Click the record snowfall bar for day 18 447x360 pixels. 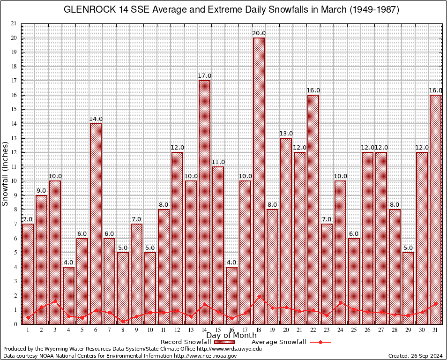point(259,180)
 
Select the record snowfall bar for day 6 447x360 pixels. point(96,224)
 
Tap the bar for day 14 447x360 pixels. point(204,202)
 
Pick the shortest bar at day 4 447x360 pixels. point(68,295)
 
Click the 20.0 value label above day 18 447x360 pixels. point(259,33)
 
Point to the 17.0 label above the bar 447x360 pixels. point(204,76)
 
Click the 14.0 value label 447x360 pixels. point(96,119)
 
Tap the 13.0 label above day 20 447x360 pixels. point(286,134)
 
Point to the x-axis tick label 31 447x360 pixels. point(435,330)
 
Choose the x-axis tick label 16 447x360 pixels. point(231,330)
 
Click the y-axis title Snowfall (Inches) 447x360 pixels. point(6,173)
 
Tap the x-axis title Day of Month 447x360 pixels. point(231,336)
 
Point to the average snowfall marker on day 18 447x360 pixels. point(259,297)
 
